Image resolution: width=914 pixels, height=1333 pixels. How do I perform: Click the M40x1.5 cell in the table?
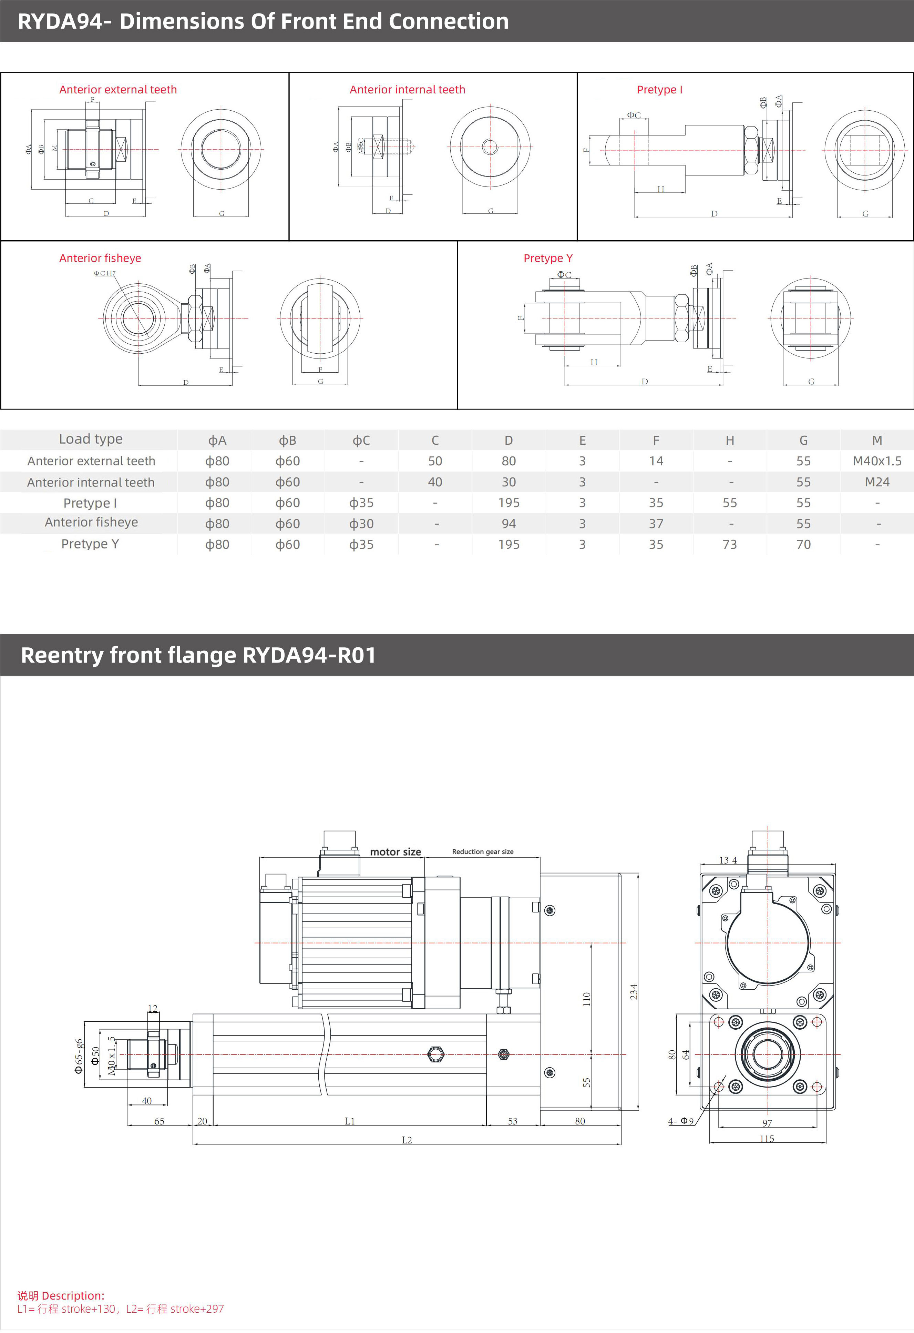pyautogui.click(x=877, y=461)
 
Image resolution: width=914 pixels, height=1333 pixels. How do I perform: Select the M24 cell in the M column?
pyautogui.click(x=877, y=482)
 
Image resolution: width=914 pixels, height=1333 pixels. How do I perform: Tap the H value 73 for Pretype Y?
pyautogui.click(x=729, y=544)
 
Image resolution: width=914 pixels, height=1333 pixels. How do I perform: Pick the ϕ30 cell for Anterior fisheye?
pyautogui.click(x=361, y=524)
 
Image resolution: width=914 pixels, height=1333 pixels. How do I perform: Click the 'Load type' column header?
pyautogui.click(x=91, y=440)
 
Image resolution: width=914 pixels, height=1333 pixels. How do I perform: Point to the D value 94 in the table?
pyautogui.click(x=509, y=524)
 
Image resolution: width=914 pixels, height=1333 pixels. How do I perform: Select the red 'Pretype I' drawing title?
pyautogui.click(x=659, y=90)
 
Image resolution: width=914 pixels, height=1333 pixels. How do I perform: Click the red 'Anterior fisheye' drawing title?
pyautogui.click(x=100, y=258)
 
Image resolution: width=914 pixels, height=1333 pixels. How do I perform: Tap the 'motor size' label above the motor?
pyautogui.click(x=395, y=852)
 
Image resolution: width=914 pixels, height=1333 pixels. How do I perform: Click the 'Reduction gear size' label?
pyautogui.click(x=482, y=852)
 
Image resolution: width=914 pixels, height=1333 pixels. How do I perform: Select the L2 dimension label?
pyautogui.click(x=407, y=1140)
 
